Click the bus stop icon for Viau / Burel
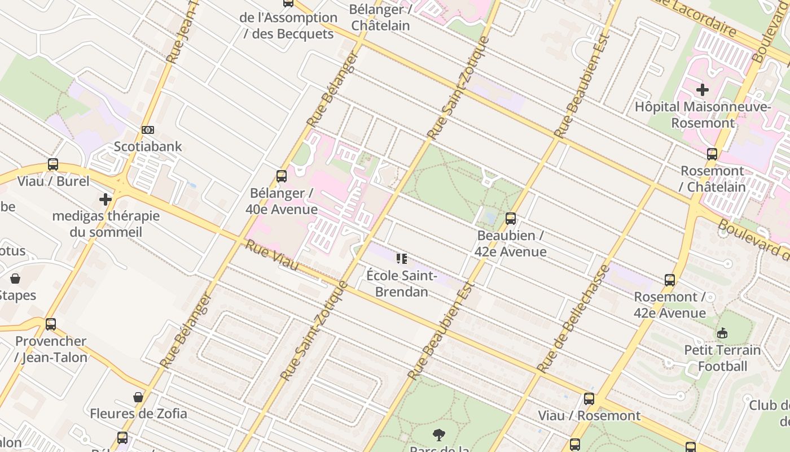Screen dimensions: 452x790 53,164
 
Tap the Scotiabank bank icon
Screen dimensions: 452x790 148,130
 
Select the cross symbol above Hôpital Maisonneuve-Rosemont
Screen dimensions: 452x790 703,90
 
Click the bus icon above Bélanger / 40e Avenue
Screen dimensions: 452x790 282,176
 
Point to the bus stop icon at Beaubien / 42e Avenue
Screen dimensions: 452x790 511,219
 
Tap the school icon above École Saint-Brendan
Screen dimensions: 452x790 401,259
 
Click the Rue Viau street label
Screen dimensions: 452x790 271,255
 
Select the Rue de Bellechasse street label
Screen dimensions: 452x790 573,318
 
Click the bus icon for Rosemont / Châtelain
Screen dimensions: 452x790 712,154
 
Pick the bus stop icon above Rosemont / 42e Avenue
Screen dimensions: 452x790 670,280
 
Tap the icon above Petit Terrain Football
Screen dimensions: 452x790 722,333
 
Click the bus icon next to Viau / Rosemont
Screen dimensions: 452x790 589,399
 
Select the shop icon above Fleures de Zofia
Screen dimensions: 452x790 138,397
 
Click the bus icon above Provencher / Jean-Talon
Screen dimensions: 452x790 51,324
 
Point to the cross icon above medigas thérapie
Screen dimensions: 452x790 106,199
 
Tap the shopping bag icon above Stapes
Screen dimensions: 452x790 15,279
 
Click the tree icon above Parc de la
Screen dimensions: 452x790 438,434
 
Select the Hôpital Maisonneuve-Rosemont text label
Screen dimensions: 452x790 703,115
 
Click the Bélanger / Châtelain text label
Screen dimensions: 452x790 380,18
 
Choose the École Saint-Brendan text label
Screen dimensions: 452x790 401,284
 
